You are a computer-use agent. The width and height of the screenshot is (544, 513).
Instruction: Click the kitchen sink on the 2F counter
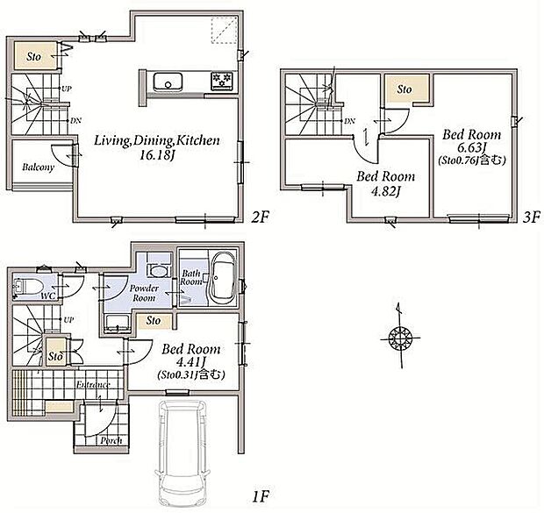[x=168, y=82]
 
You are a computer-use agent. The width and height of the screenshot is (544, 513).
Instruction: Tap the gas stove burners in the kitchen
[x=221, y=80]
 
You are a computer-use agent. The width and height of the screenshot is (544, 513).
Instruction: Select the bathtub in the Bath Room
[x=223, y=278]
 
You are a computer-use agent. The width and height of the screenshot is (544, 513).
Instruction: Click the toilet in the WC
[x=28, y=286]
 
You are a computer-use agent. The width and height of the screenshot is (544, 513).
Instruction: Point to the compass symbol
[x=400, y=337]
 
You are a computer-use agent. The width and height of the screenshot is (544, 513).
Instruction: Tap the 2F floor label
[x=260, y=217]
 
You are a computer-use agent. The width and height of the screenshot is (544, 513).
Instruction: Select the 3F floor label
[x=531, y=217]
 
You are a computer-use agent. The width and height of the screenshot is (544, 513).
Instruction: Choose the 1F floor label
[x=261, y=496]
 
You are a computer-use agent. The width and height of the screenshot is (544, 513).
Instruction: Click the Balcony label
[x=38, y=167]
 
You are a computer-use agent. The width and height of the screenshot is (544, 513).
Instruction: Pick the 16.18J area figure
[x=157, y=155]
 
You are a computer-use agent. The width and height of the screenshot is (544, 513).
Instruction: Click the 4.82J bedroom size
[x=385, y=191]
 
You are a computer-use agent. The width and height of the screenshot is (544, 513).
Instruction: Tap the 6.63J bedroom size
[x=471, y=147]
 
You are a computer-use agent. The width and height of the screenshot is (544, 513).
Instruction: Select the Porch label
[x=111, y=440]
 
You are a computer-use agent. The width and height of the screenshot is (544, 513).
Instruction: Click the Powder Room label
[x=144, y=293]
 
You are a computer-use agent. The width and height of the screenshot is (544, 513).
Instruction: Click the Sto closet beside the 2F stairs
[x=34, y=55]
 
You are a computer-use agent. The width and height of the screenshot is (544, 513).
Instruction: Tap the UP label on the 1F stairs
[x=68, y=320]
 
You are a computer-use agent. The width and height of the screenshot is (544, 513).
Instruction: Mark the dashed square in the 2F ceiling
[x=224, y=30]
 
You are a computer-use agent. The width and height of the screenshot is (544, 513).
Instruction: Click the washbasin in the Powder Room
[x=158, y=271]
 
